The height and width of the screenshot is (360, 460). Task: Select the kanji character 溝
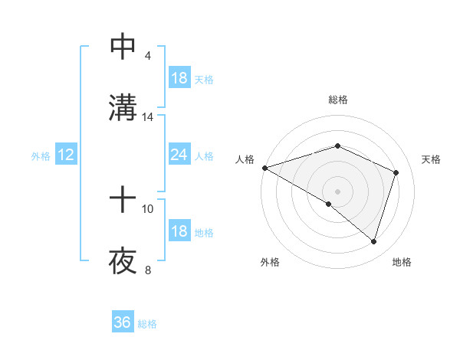[123, 108]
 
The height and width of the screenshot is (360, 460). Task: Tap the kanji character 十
[123, 201]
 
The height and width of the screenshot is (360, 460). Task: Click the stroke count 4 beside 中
[147, 56]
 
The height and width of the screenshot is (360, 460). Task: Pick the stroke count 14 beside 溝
[148, 117]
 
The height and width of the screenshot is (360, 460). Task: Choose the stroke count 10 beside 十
[148, 208]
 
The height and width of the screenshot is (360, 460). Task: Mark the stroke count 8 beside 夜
[147, 270]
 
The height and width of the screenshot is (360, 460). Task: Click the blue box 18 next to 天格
[179, 78]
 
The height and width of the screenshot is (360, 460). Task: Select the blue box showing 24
[179, 155]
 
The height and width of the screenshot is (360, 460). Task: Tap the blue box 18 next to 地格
[179, 232]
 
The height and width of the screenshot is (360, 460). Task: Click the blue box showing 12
[66, 155]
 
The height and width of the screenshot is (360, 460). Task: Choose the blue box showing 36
[123, 322]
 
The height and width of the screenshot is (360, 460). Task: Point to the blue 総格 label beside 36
[148, 324]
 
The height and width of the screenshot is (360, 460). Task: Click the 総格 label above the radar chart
[337, 100]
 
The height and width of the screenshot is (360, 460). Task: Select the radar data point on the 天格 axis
[396, 172]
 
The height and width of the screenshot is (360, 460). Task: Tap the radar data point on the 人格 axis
[264, 168]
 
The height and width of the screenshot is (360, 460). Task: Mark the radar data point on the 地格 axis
[373, 241]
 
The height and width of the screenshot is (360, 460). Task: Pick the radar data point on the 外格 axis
[329, 204]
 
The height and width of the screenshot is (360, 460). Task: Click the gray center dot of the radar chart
[337, 191]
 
